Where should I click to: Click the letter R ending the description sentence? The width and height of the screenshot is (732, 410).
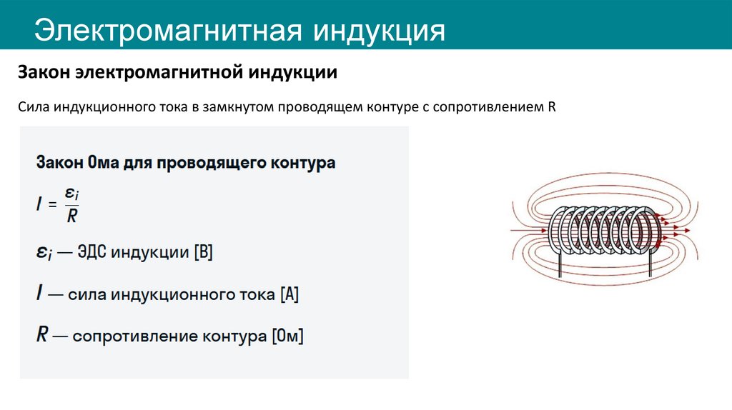click(x=552, y=108)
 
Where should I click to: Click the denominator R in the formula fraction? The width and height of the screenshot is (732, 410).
click(x=71, y=216)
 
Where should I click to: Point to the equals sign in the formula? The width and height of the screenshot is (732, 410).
click(x=51, y=204)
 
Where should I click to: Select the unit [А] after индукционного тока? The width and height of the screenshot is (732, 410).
click(x=290, y=294)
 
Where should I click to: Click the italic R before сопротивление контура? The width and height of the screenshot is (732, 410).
click(x=42, y=335)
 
